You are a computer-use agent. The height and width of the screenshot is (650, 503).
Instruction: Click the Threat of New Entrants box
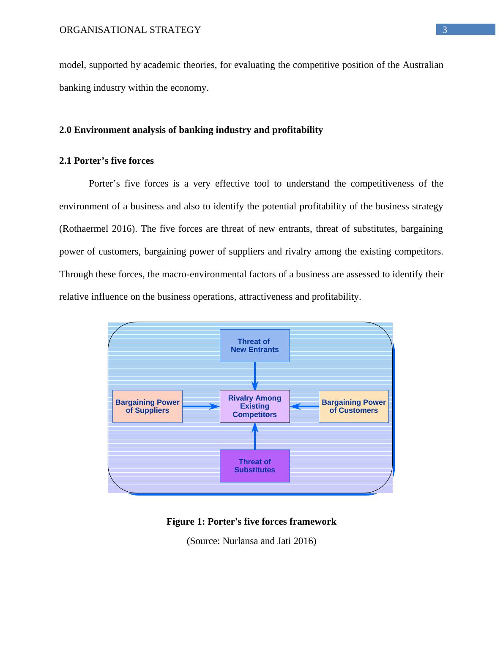(254, 346)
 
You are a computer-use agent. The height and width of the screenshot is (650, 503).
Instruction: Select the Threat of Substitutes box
(254, 466)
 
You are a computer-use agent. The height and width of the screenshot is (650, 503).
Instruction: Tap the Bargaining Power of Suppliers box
(147, 406)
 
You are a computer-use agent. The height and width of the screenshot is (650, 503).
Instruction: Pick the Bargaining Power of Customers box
(353, 406)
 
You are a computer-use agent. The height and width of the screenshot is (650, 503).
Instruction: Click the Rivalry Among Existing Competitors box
(254, 406)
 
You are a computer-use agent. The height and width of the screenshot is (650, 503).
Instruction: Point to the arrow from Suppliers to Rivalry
(201, 406)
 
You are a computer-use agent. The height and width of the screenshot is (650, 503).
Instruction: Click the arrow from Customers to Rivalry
(304, 406)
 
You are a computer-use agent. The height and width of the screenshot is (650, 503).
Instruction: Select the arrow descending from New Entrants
(255, 376)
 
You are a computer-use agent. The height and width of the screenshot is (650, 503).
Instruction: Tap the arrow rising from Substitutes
(255, 436)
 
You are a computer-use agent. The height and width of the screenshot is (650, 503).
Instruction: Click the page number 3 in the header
(445, 30)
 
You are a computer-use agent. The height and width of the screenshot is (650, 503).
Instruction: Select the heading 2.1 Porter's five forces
(107, 161)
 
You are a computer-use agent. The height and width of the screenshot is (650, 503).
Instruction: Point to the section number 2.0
(66, 130)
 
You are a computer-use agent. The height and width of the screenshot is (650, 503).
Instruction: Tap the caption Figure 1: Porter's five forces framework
(251, 522)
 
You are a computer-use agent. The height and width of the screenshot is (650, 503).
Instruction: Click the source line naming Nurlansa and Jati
(251, 541)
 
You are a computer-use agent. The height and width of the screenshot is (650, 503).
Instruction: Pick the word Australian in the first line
(423, 65)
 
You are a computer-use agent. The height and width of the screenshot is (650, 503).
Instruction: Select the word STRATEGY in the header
(181, 30)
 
